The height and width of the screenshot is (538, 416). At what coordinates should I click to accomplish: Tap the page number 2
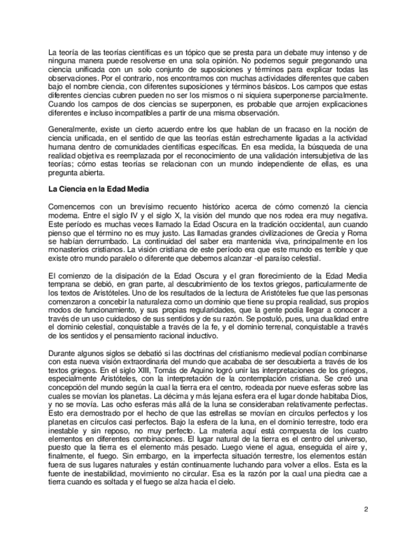coord(366,509)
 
